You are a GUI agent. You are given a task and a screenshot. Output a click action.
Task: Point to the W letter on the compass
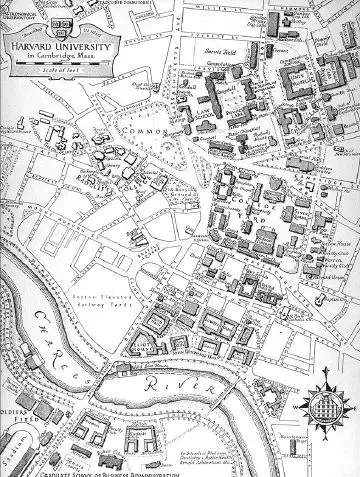303,409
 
